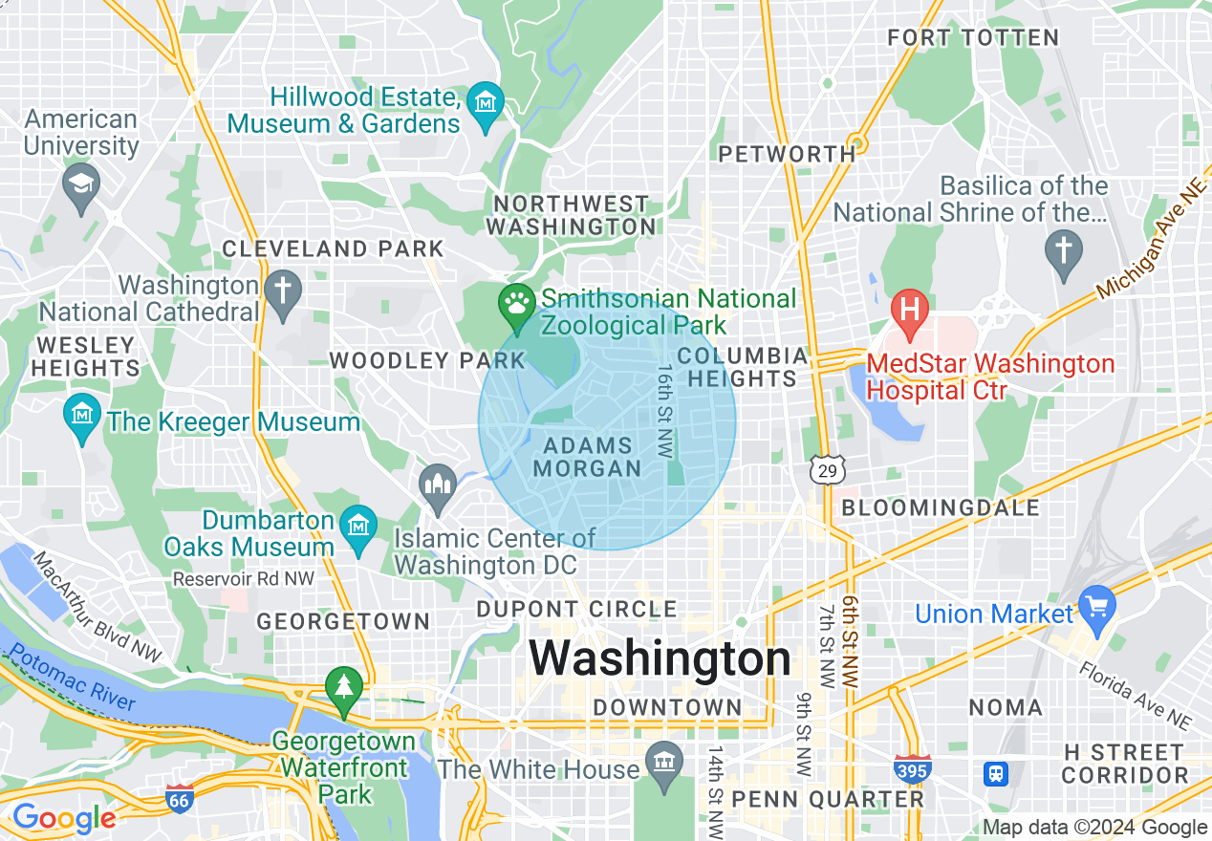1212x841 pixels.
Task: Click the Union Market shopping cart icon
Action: [x=1096, y=606]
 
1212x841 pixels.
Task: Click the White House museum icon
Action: [x=663, y=764]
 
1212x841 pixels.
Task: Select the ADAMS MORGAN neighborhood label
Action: [x=587, y=457]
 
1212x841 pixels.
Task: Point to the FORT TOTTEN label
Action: [x=973, y=38]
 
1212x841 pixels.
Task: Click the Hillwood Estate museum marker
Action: [x=486, y=101]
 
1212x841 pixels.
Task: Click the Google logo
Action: [x=63, y=818]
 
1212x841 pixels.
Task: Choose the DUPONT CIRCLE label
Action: [x=576, y=609]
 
